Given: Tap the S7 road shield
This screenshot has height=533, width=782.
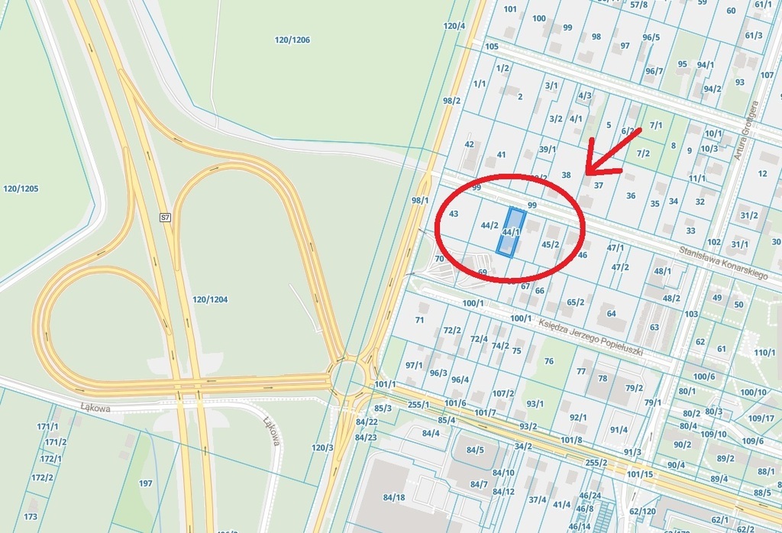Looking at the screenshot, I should [164, 218].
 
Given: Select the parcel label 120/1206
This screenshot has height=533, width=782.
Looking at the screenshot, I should [292, 40].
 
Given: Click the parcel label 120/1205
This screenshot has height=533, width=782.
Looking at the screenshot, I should [21, 189].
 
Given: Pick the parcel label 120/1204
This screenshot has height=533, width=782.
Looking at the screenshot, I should [210, 299].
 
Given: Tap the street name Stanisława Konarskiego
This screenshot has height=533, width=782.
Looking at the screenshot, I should [722, 262].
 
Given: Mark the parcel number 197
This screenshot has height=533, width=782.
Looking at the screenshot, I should [146, 483].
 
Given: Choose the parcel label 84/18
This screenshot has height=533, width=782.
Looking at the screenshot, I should [394, 498].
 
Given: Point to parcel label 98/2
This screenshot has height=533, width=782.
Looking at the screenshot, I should [451, 100].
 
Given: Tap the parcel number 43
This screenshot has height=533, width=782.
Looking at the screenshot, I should [454, 214].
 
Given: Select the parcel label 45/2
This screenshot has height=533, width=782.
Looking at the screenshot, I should [550, 244].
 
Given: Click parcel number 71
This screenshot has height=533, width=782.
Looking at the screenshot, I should [419, 320].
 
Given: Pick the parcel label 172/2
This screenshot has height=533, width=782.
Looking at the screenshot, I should [42, 478].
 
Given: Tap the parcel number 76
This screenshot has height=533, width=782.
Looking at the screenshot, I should [548, 361].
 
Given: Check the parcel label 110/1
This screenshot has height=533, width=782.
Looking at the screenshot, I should [764, 352].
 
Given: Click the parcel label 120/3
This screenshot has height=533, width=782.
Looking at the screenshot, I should [322, 447].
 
